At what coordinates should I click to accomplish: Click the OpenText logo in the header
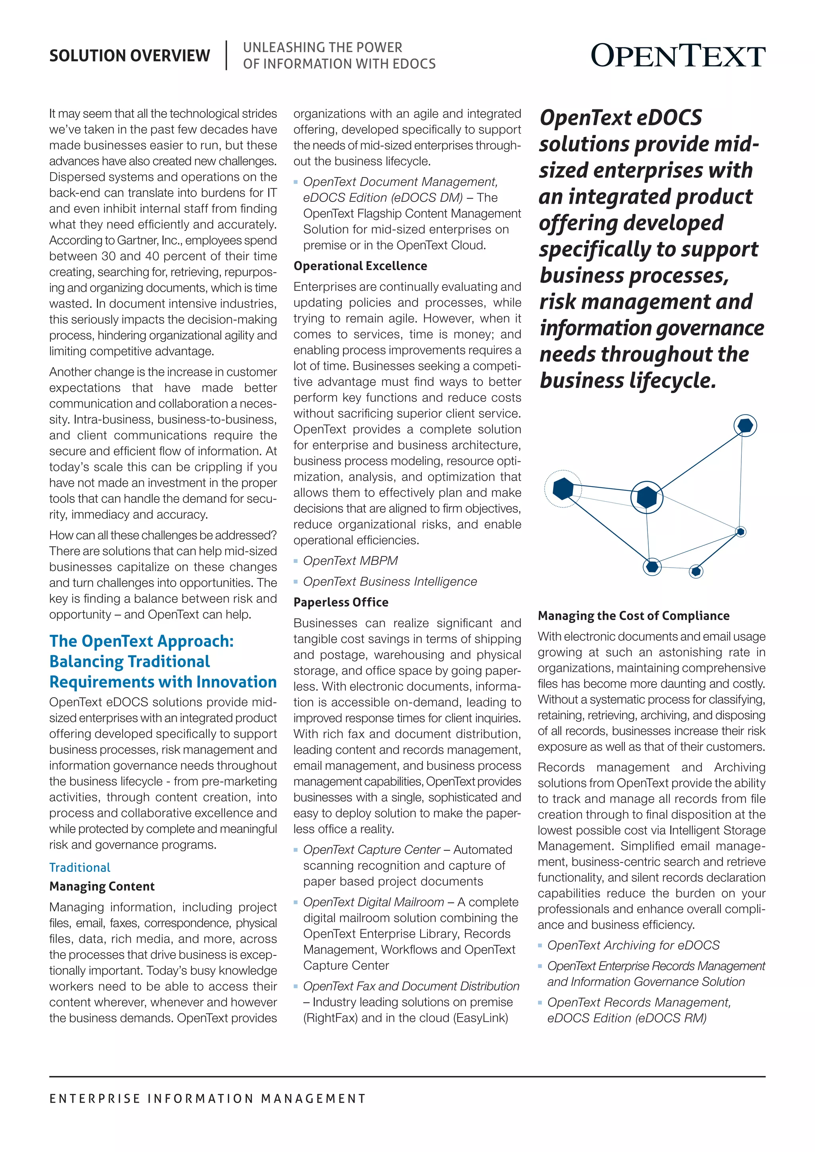677,56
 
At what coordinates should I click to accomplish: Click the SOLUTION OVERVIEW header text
129,56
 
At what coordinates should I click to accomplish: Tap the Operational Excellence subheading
360,266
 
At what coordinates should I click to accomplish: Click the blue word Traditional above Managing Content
80,868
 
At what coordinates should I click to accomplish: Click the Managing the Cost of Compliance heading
633,616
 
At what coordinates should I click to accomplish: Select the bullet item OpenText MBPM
350,560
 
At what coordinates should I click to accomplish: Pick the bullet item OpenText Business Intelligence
390,582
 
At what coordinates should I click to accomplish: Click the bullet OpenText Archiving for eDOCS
633,945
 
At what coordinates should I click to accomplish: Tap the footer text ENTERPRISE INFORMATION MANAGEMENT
208,1099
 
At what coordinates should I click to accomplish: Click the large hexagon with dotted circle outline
563,489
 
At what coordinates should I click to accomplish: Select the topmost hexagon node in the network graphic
745,426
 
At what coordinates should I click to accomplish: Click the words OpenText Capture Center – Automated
407,849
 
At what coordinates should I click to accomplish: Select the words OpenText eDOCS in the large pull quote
620,118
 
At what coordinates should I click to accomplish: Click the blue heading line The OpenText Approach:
142,641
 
